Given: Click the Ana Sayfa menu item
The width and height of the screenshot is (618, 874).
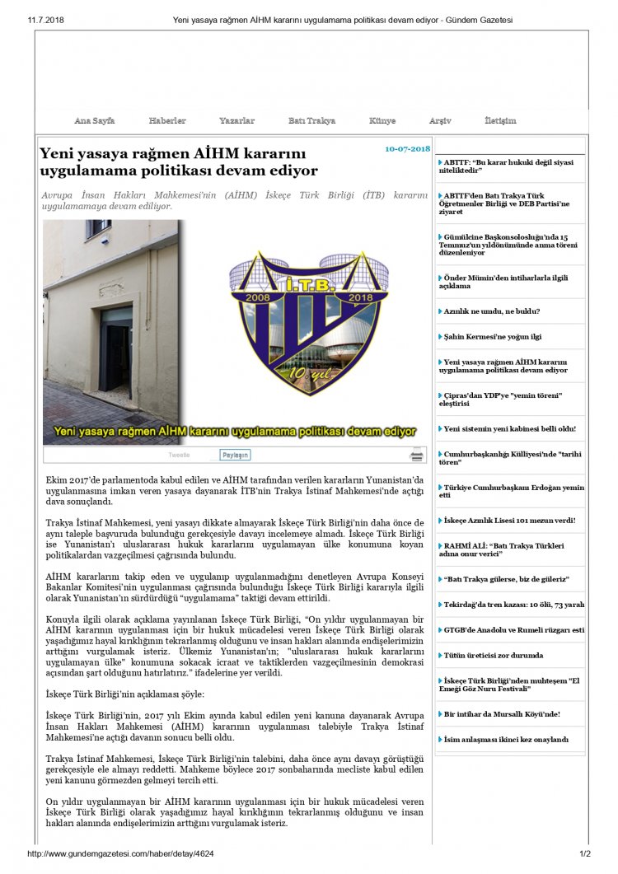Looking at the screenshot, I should (94, 120).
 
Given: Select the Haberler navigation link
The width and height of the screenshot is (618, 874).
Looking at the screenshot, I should (167, 120).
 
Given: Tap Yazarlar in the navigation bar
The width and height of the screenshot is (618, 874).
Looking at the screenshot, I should (236, 120).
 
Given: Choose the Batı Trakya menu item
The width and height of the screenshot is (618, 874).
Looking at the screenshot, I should (311, 120).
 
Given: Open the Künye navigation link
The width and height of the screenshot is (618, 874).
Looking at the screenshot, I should (382, 120).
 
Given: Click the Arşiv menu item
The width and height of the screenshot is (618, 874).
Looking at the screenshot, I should (440, 120).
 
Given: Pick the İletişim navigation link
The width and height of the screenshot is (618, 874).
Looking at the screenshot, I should (500, 120).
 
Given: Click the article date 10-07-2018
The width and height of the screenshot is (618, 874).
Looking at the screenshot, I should (407, 149).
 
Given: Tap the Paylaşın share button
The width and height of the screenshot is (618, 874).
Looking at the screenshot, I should (235, 455).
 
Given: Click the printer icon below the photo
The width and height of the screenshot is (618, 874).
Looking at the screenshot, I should (417, 455).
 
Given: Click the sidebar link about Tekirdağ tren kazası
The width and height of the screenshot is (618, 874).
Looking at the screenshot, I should (513, 604).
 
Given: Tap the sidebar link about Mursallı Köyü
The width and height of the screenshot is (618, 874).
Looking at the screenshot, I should (503, 713).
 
